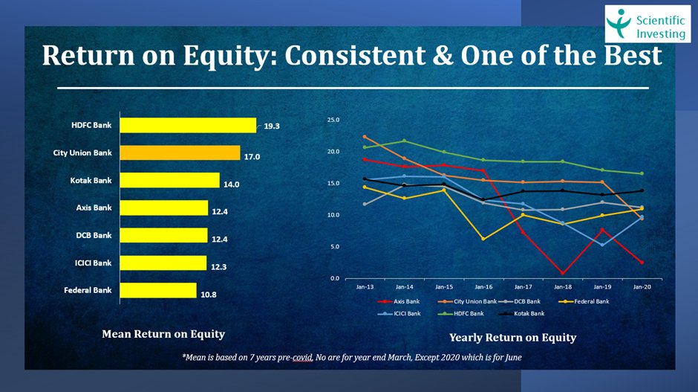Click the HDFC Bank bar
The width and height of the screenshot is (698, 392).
187,125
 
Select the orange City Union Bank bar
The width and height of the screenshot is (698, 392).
180,152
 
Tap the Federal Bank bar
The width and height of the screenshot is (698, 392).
157,290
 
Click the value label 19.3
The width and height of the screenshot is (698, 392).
273,126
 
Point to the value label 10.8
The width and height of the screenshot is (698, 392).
209,295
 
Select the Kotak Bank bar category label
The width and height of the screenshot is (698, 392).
91,180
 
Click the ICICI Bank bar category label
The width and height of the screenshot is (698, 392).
92,263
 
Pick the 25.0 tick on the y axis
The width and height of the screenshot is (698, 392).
333,120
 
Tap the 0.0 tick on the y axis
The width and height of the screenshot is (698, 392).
335,278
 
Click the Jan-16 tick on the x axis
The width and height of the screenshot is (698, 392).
483,286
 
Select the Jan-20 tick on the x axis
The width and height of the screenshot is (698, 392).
642,286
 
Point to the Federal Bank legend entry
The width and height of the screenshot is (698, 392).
590,301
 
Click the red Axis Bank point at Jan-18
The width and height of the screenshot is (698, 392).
563,273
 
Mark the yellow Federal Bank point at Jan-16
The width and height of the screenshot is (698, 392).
483,239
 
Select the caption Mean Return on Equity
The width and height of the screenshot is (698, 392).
163,334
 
